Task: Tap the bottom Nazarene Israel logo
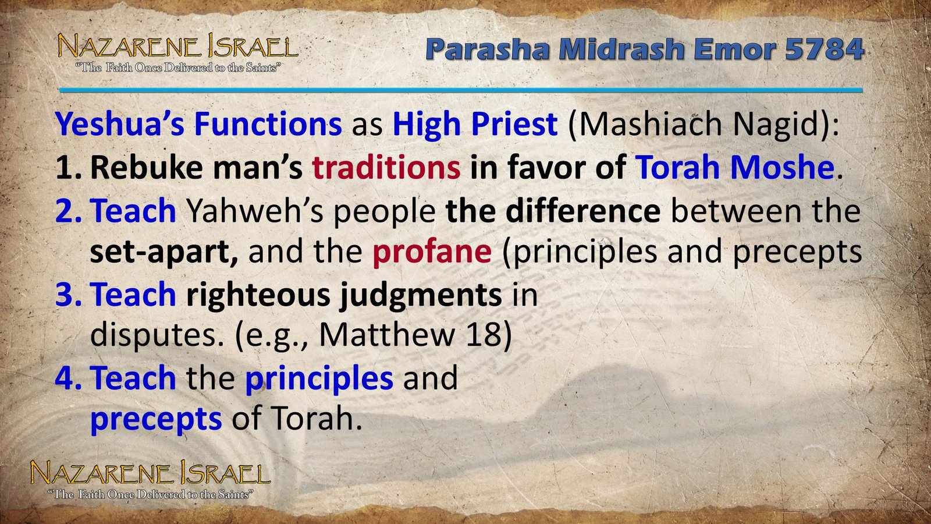150,479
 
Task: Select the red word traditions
386,168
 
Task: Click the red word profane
432,252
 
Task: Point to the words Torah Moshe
735,168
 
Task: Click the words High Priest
475,124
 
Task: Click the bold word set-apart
164,252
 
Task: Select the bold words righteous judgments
344,295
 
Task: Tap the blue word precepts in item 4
156,419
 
